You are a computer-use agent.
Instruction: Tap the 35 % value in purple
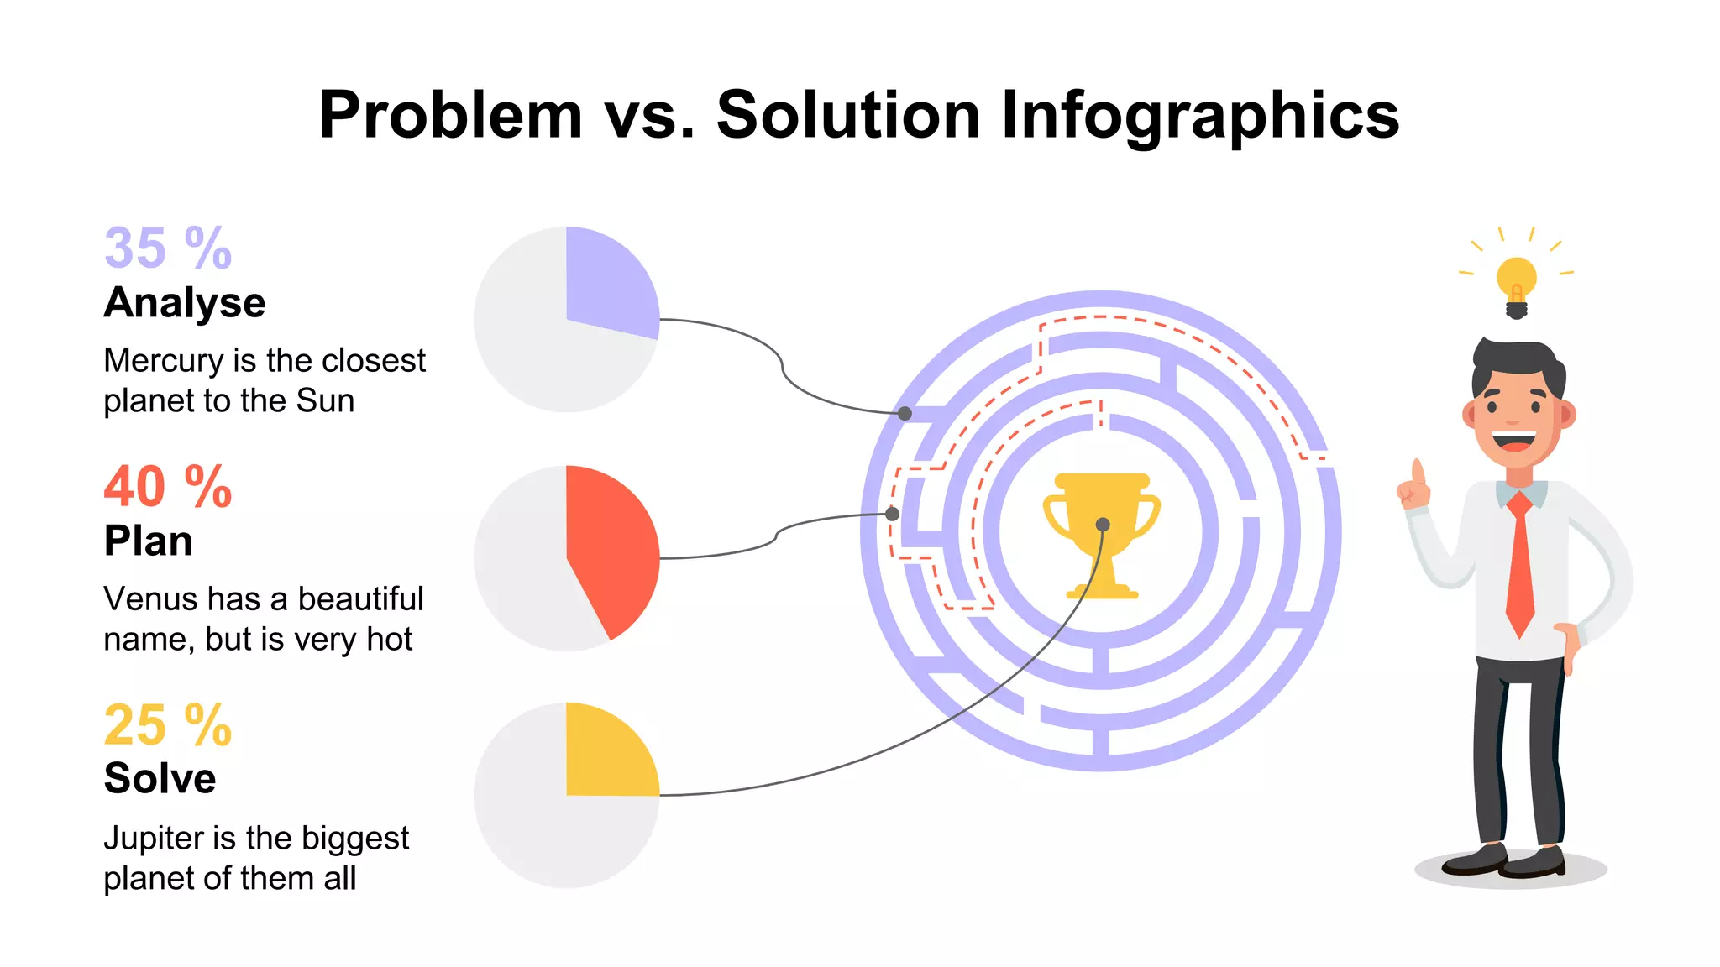[x=168, y=248]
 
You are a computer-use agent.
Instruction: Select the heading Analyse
[x=185, y=303]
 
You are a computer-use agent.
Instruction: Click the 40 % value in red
[x=168, y=487]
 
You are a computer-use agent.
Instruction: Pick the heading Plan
[x=149, y=541]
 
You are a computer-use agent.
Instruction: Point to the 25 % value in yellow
[x=168, y=725]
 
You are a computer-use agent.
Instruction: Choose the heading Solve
[x=160, y=779]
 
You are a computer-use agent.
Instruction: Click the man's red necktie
[x=1519, y=562]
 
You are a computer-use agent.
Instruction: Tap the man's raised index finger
[x=1418, y=472]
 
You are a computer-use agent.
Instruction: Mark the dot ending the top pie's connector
[x=905, y=413]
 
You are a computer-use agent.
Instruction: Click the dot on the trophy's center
[x=1103, y=525]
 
